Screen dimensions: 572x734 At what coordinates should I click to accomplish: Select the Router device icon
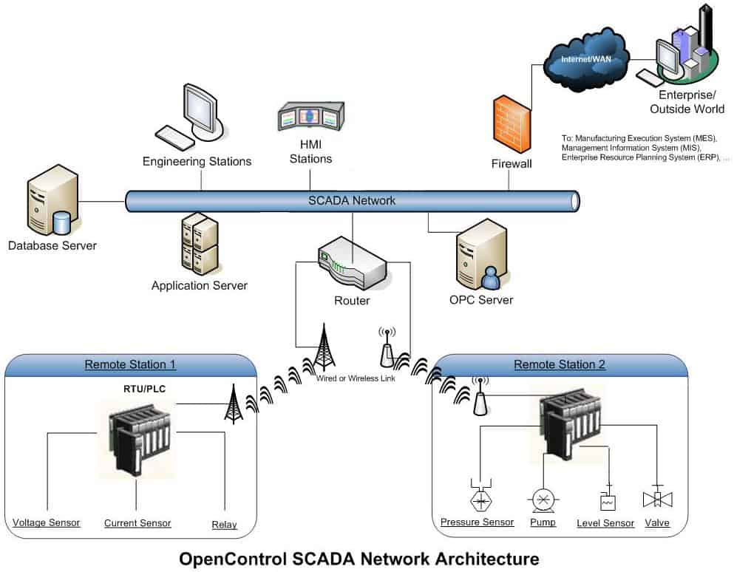pos(353,268)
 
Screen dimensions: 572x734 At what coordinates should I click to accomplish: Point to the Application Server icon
pos(199,244)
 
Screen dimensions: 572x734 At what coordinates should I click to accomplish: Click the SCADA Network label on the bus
pos(351,200)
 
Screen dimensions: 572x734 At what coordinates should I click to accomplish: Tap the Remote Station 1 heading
pos(130,364)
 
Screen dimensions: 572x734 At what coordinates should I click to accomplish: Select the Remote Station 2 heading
pos(559,364)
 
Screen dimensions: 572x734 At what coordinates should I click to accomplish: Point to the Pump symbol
pos(543,500)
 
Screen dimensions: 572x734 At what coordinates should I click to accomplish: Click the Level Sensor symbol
pos(608,500)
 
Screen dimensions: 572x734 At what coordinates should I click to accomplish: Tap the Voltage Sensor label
pos(47,522)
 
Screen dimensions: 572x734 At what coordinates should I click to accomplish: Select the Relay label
pos(224,525)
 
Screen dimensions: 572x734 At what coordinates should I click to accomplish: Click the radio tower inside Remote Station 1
pos(234,404)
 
